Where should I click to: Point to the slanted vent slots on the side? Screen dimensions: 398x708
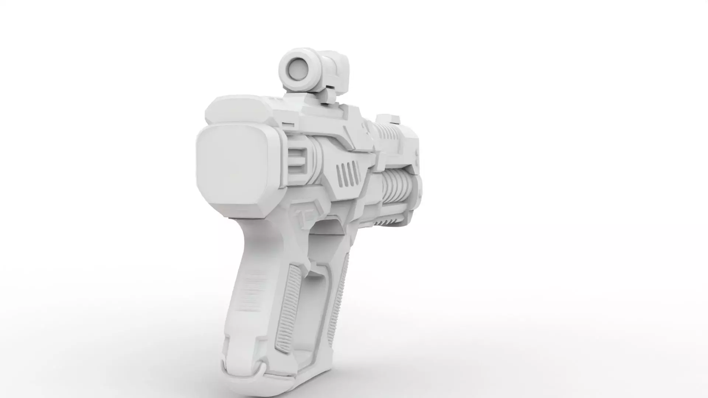348,174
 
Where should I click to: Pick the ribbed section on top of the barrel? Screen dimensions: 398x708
390,133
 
